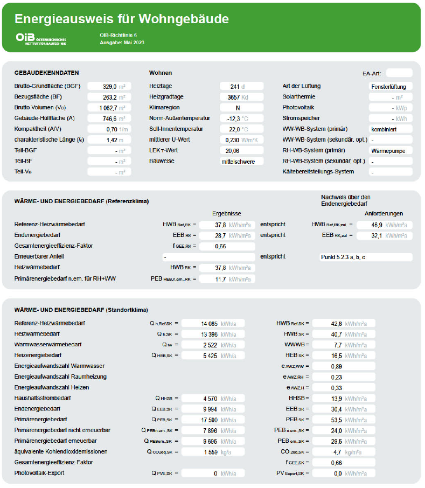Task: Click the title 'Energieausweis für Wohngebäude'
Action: click(122, 19)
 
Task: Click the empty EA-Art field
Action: click(399, 73)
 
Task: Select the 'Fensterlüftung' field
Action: click(391, 86)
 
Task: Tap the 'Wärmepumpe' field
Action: click(391, 150)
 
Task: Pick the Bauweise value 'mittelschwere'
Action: click(241, 161)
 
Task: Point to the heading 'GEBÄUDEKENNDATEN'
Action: click(47, 73)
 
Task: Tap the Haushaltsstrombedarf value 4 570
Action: click(211, 399)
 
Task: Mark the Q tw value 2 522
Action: click(211, 345)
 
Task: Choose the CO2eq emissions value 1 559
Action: click(211, 452)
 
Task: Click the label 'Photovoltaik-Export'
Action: click(39, 473)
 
